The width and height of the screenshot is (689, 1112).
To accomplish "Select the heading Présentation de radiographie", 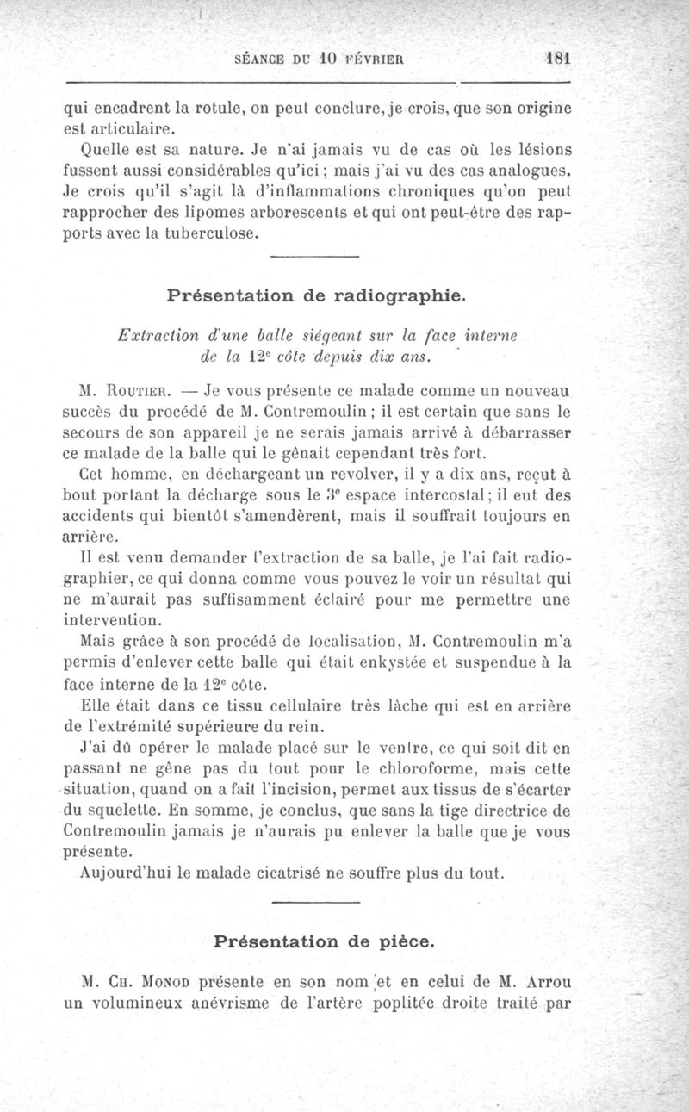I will [316, 296].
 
